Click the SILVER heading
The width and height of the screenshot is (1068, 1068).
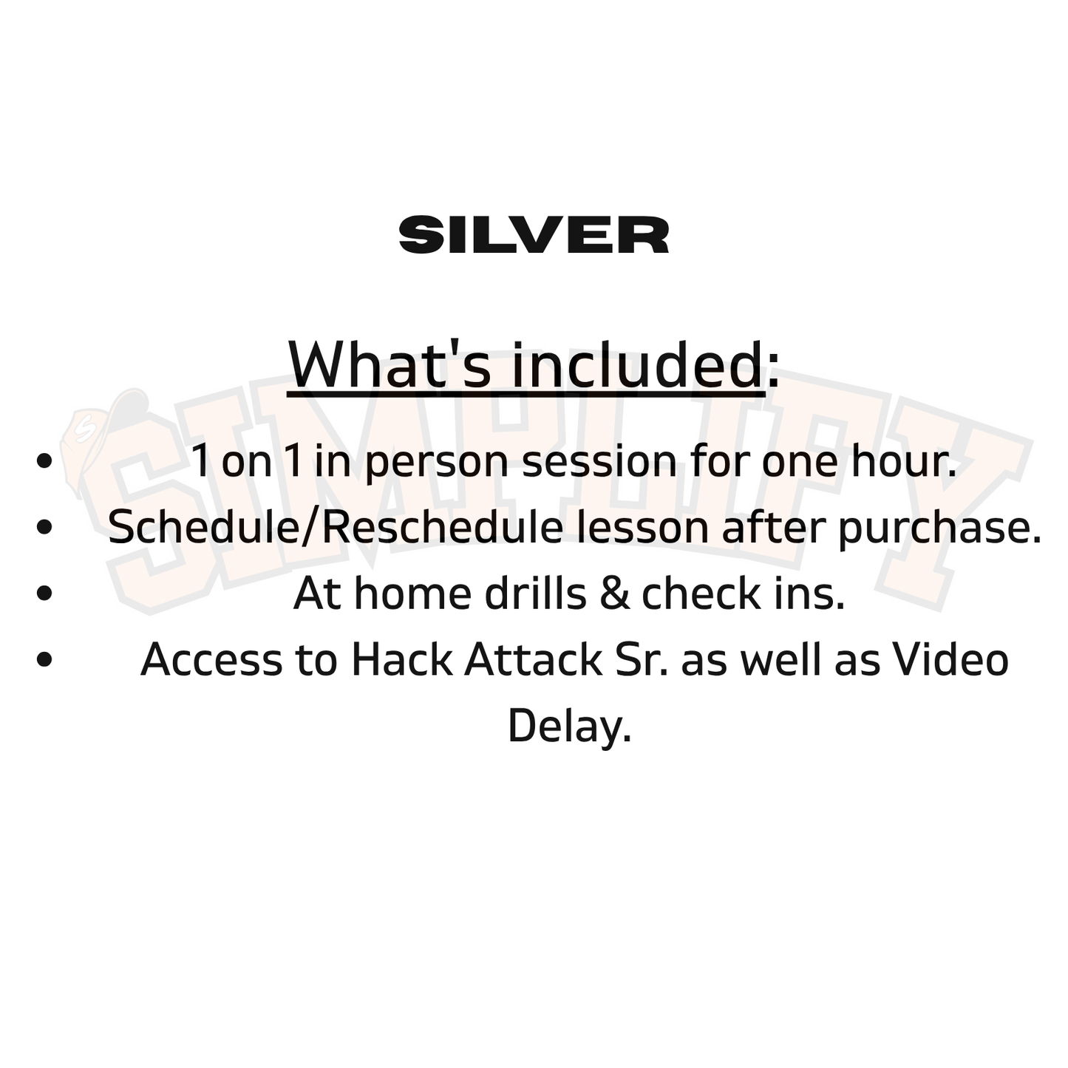[534, 235]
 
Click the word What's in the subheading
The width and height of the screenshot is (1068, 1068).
[389, 365]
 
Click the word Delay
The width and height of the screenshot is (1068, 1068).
[569, 727]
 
